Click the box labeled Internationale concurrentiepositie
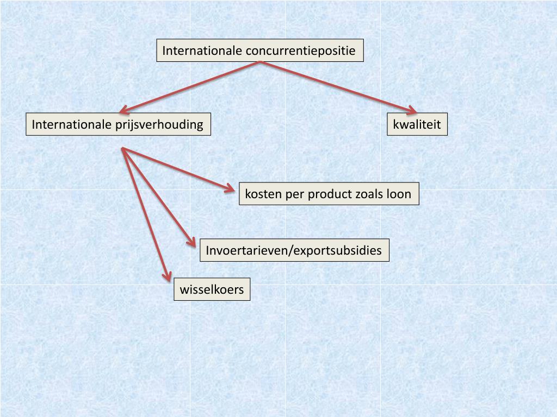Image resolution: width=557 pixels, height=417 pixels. tap(259, 50)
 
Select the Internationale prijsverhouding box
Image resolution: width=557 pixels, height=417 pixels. tap(118, 124)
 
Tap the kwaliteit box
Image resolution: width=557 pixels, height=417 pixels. tap(417, 124)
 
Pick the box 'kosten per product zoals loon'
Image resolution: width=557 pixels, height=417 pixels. tap(329, 194)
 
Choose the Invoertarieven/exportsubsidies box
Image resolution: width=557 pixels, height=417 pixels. tap(294, 250)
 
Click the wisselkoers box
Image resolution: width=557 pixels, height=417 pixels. tap(212, 289)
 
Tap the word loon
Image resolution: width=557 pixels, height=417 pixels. tap(399, 194)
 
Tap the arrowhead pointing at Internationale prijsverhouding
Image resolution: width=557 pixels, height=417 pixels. tap(125, 109)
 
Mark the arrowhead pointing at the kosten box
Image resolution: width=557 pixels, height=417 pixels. tap(231, 189)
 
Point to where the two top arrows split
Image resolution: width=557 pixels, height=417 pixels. tap(261, 62)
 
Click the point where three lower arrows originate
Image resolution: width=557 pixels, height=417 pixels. tap(123, 148)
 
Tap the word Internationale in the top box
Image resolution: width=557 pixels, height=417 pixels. tap(202, 50)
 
